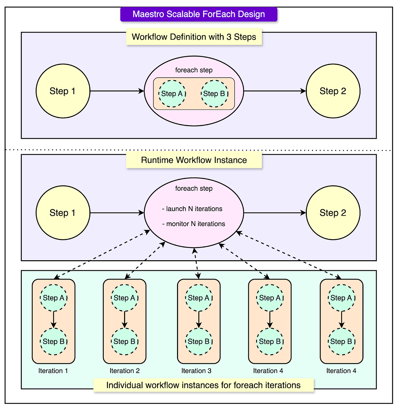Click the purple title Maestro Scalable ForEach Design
[x=199, y=14]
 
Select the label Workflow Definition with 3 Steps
[x=194, y=37]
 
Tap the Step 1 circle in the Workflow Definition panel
[x=63, y=91]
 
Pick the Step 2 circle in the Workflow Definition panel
[x=333, y=91]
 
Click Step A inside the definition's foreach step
[x=172, y=94]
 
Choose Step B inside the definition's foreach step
[x=214, y=94]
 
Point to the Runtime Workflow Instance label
[x=194, y=160]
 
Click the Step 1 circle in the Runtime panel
[x=63, y=213]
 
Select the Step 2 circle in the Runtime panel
[x=333, y=213]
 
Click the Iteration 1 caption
[x=53, y=371]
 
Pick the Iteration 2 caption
[x=125, y=371]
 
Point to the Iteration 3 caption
[x=196, y=371]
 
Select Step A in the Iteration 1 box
[x=53, y=298]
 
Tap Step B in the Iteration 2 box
[x=124, y=341]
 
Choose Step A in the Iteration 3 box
[x=199, y=298]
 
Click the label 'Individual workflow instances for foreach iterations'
[x=203, y=385]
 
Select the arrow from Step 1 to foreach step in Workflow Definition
[x=117, y=91]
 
